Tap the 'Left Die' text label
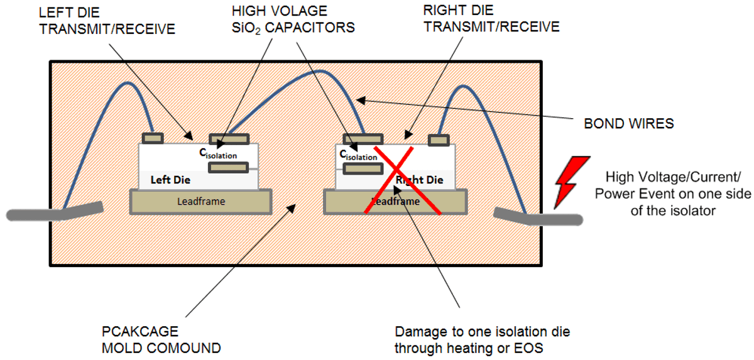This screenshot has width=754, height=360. click(170, 180)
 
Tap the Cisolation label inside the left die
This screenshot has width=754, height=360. click(219, 152)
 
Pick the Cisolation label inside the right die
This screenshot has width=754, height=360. click(358, 155)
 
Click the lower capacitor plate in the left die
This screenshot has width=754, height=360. click(229, 168)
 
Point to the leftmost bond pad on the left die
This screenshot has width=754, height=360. click(153, 138)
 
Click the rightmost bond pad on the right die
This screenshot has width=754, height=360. click(439, 140)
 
